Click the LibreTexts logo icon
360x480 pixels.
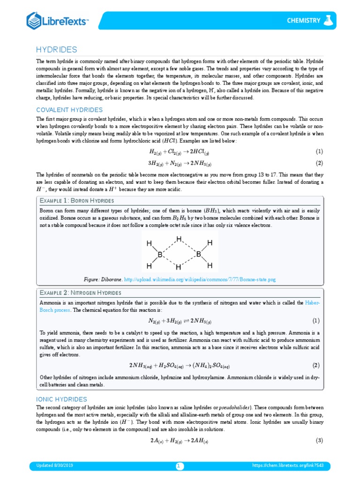click(x=34, y=20)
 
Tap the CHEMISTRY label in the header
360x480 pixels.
click(x=304, y=20)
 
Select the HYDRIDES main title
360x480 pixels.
click(x=57, y=50)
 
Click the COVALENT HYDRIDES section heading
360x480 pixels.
click(x=69, y=110)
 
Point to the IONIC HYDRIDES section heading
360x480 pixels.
click(x=62, y=399)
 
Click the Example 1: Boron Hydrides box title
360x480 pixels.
click(x=77, y=200)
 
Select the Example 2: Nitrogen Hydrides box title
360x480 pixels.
click(x=80, y=293)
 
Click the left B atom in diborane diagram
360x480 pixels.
click(x=160, y=255)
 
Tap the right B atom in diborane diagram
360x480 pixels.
click(x=198, y=255)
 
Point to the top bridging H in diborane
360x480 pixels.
click(x=179, y=240)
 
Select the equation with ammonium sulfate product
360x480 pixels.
click(x=180, y=365)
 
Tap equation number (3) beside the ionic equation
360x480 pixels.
click(x=319, y=441)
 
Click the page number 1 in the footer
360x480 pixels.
click(x=179, y=466)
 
